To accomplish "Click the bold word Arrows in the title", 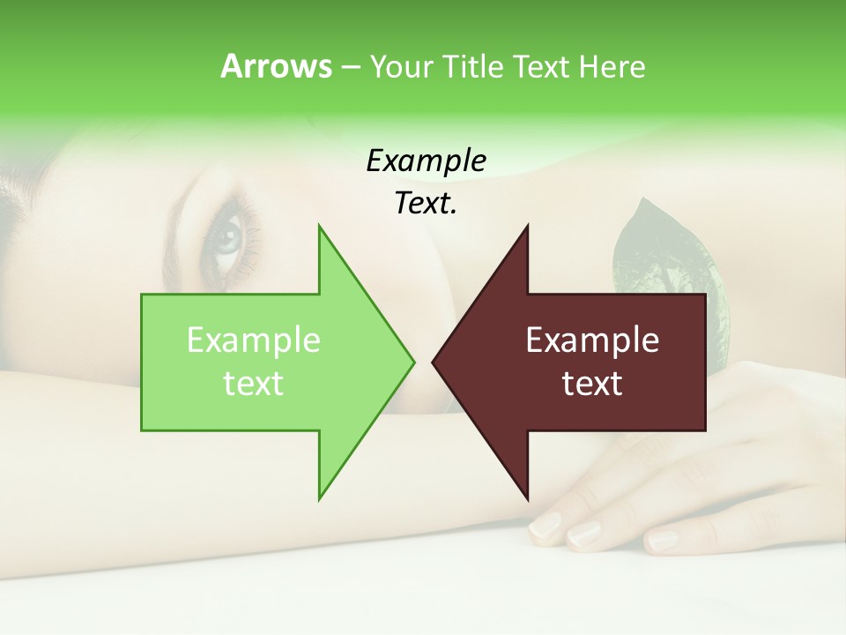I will pyautogui.click(x=276, y=66).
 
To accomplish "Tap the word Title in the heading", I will pyautogui.click(x=474, y=67).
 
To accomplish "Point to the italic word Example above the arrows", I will pyautogui.click(x=427, y=161).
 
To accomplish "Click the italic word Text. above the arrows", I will pyautogui.click(x=427, y=204).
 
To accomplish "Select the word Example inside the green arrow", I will pyautogui.click(x=254, y=340).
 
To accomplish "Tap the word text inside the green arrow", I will pyautogui.click(x=254, y=384).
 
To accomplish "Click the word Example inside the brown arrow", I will pyautogui.click(x=592, y=340).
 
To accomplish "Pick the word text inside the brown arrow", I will pyautogui.click(x=592, y=384).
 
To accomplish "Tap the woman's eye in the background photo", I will pyautogui.click(x=228, y=237).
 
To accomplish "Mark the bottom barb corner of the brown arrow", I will pyautogui.click(x=527, y=498).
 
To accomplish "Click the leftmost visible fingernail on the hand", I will pyautogui.click(x=545, y=526).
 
